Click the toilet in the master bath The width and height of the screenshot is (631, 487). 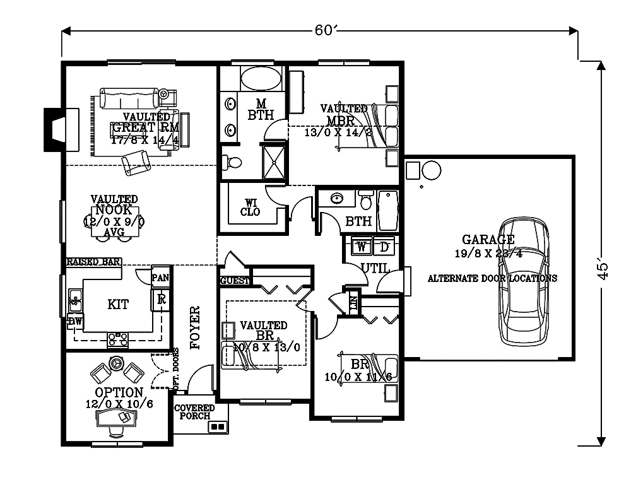click(x=233, y=162)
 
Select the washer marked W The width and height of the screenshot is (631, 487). click(x=362, y=245)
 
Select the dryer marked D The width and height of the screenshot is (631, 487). click(x=384, y=245)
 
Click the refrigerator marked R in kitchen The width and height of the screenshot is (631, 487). click(x=161, y=299)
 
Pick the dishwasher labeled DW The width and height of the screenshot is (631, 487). click(x=75, y=321)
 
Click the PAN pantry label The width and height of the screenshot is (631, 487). click(x=160, y=276)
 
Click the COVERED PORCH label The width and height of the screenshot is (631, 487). click(x=194, y=412)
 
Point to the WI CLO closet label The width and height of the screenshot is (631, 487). click(x=251, y=207)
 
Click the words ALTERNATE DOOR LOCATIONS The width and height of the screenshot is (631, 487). click(x=492, y=278)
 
